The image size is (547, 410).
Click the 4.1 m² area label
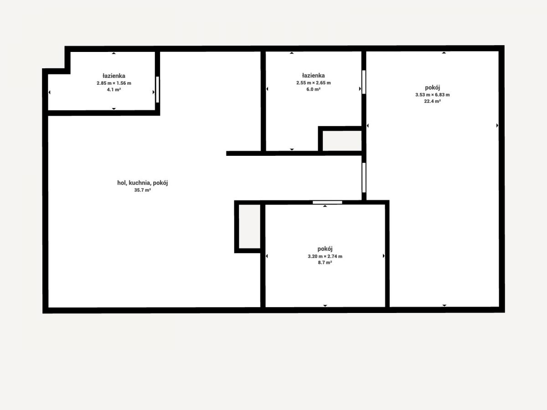(x=114, y=90)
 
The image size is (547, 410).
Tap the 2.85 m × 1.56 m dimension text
(x=114, y=83)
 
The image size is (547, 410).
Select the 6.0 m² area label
(x=313, y=89)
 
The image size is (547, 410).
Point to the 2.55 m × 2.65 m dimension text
(x=313, y=82)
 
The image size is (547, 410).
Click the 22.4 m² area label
(x=433, y=101)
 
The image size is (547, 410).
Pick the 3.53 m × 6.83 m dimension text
(x=433, y=95)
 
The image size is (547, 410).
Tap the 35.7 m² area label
(x=142, y=190)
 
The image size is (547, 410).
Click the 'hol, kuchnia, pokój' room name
(x=142, y=183)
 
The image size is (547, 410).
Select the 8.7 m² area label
(x=325, y=263)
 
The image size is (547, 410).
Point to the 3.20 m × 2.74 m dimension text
(x=325, y=256)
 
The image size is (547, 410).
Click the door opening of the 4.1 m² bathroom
(x=158, y=89)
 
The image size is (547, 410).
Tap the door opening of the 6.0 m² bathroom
(x=364, y=82)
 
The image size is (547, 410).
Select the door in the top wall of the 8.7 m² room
(x=327, y=202)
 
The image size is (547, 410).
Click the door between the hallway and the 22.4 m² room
(x=364, y=178)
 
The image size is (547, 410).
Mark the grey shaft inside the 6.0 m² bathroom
(x=342, y=141)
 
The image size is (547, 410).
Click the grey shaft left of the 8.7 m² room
(x=249, y=226)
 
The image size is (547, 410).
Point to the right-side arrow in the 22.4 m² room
(x=497, y=125)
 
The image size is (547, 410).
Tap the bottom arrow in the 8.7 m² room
(x=325, y=305)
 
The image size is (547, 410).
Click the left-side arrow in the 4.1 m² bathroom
(x=49, y=92)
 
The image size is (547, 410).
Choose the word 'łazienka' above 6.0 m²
(x=313, y=76)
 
